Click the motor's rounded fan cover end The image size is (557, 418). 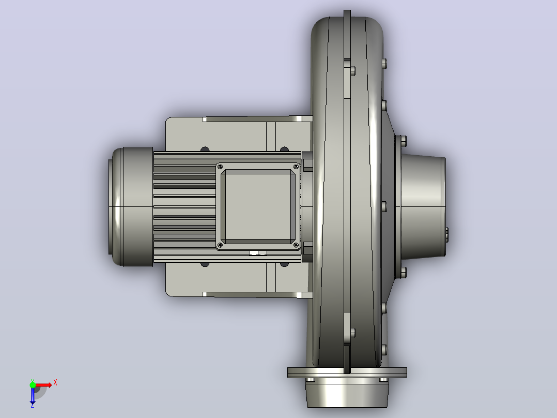(x=131, y=206)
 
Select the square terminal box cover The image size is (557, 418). (x=258, y=206)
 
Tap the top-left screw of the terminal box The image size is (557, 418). (x=220, y=167)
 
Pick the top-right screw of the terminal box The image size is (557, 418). (x=296, y=167)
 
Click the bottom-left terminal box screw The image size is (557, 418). (x=220, y=245)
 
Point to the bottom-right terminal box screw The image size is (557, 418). (x=296, y=245)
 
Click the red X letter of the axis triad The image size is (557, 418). (x=55, y=383)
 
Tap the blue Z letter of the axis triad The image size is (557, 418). (x=33, y=405)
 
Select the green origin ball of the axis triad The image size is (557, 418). (x=33, y=385)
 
